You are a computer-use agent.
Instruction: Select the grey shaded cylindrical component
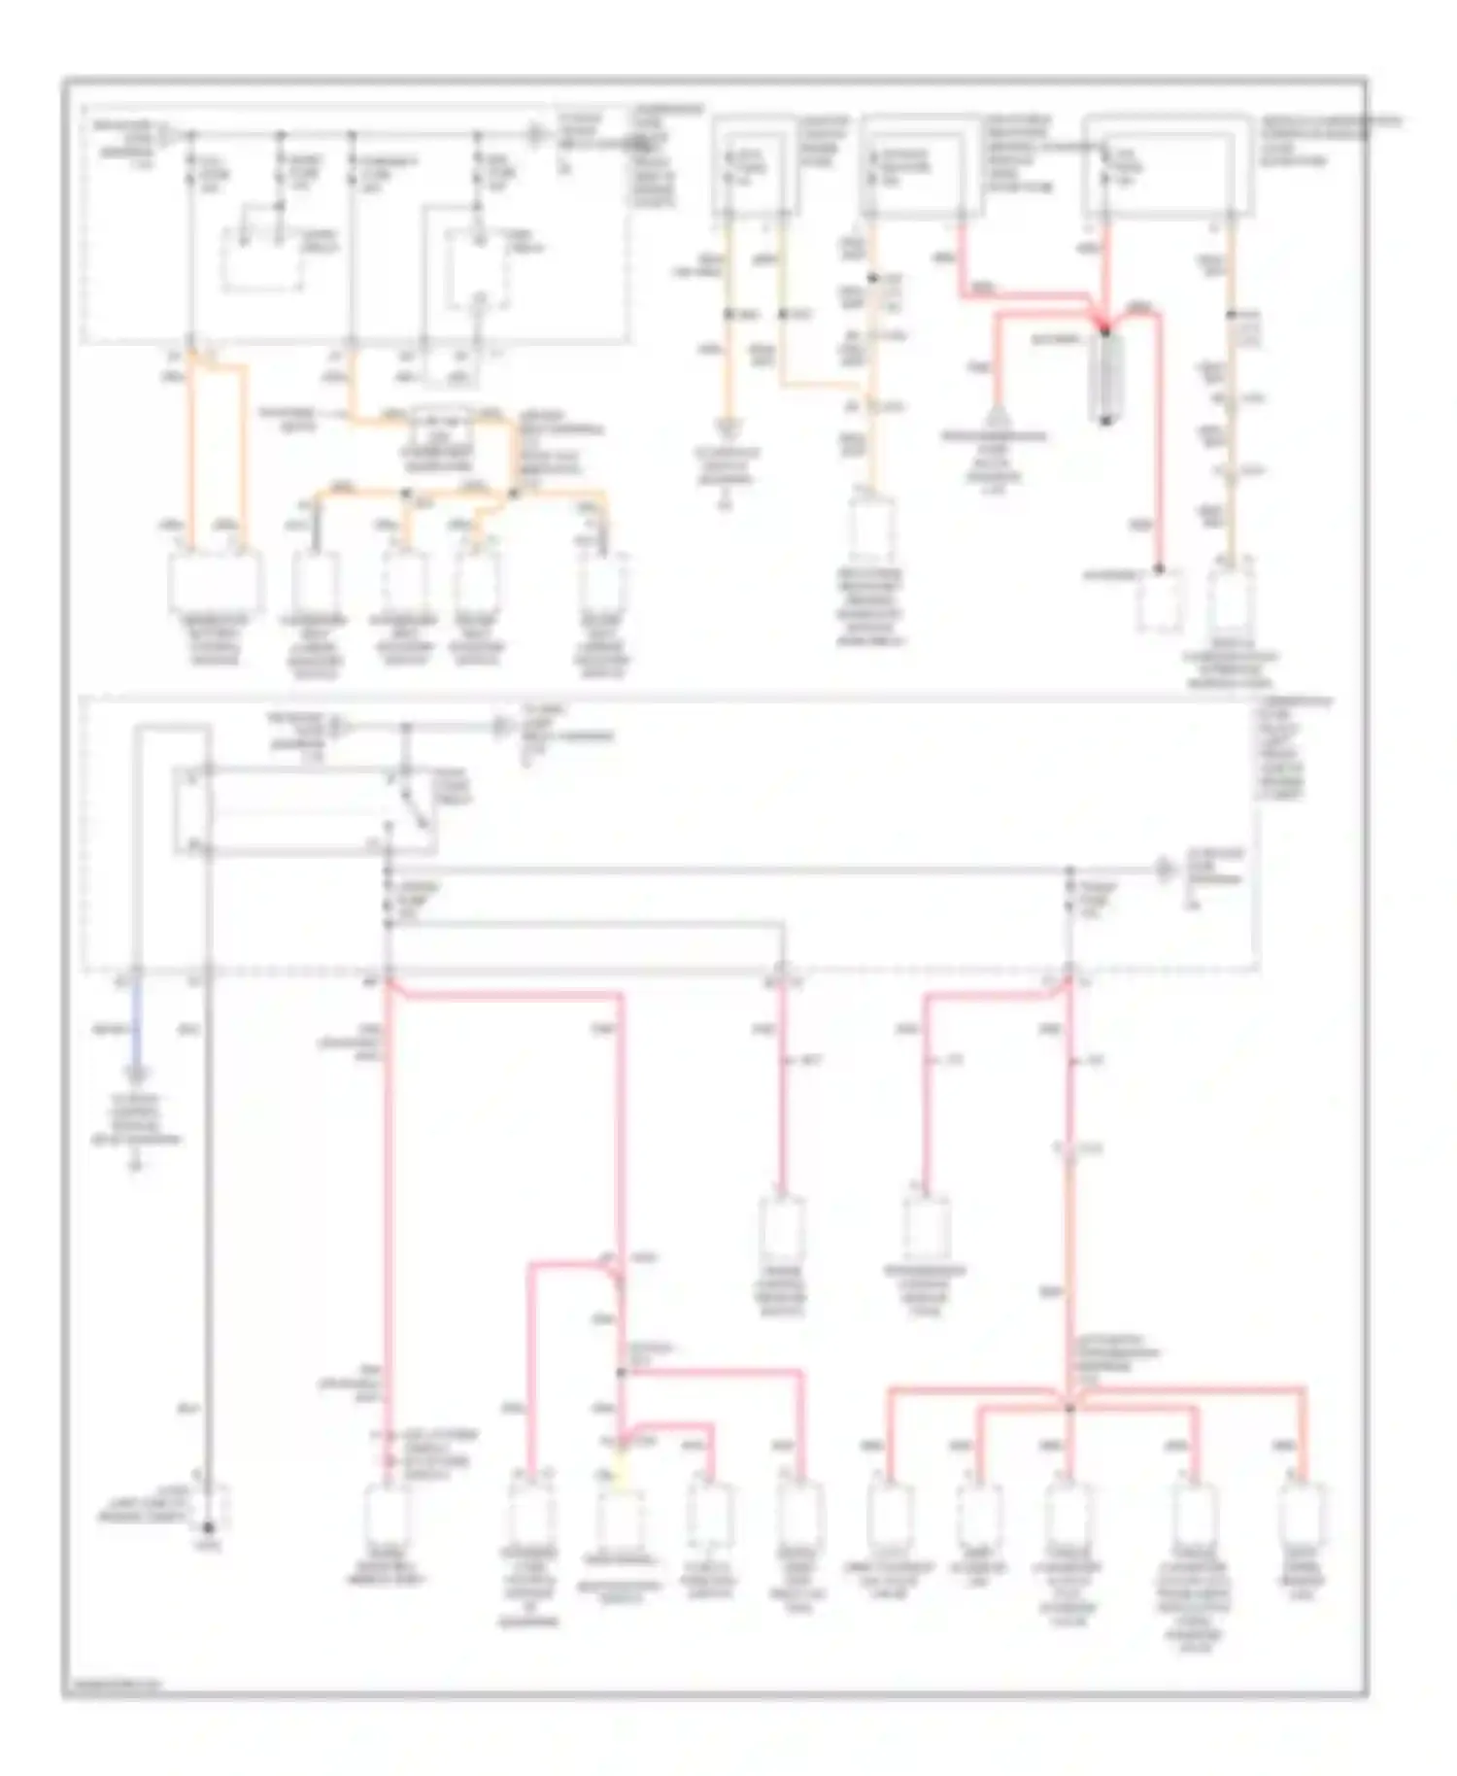pos(1106,374)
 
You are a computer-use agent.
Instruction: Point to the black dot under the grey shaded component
pos(1106,421)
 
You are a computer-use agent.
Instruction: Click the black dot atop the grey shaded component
pos(1105,331)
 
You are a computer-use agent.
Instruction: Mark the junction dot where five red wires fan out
pos(1068,1407)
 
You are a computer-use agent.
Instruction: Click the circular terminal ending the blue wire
pos(137,1075)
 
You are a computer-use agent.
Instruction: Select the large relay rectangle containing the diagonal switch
pos(306,810)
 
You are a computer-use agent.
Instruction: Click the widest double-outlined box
pos(1169,163)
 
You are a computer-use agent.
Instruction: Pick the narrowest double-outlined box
pos(757,165)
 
